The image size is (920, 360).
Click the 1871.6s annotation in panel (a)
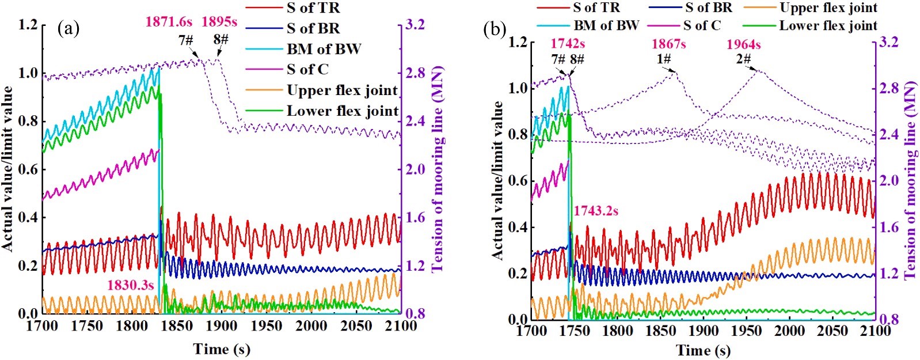[x=168, y=22]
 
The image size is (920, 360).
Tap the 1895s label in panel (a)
[x=219, y=22]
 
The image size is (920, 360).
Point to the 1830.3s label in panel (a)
[x=130, y=285]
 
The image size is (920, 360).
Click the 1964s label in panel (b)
[x=743, y=44]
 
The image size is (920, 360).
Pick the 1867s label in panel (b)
[x=668, y=44]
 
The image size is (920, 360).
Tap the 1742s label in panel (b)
[x=568, y=44]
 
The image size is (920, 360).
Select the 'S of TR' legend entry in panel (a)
[x=313, y=8]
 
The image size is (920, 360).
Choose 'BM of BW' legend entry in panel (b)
[x=606, y=25]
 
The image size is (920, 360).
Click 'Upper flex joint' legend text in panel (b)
[x=828, y=8]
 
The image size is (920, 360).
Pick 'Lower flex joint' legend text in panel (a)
[x=343, y=111]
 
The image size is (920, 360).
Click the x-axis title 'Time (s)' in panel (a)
[x=222, y=348]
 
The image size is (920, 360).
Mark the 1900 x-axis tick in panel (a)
[x=222, y=326]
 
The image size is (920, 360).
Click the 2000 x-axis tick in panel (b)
[x=789, y=331]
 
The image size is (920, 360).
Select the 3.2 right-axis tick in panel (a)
[x=415, y=24]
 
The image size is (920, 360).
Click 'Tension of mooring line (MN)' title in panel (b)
[x=910, y=180]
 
